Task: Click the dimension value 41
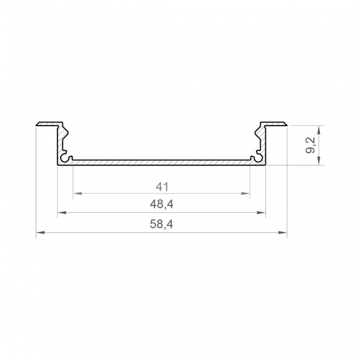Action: point(161,186)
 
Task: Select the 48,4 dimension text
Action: point(161,204)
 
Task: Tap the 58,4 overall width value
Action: point(161,225)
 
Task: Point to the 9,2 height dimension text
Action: point(311,145)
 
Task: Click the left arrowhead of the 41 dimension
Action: point(77,194)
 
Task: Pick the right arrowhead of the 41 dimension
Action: point(246,194)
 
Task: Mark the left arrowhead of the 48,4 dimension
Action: point(60,212)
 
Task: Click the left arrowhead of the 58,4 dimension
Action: point(40,233)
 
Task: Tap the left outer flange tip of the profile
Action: point(38,124)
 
